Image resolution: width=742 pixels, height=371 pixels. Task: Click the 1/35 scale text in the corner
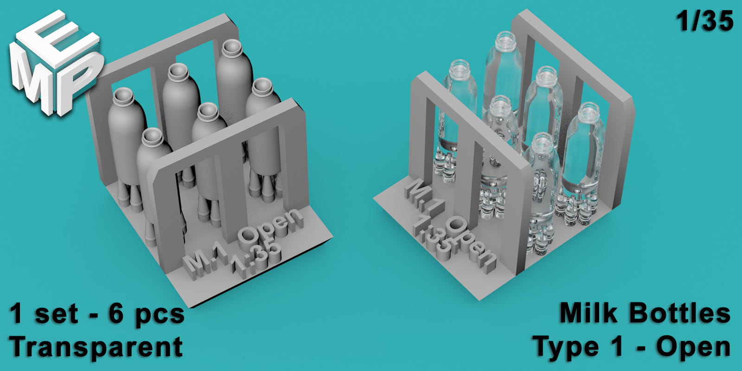coord(704,21)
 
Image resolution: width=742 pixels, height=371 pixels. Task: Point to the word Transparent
coord(96,347)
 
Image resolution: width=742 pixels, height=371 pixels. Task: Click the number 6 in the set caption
coord(115,313)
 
